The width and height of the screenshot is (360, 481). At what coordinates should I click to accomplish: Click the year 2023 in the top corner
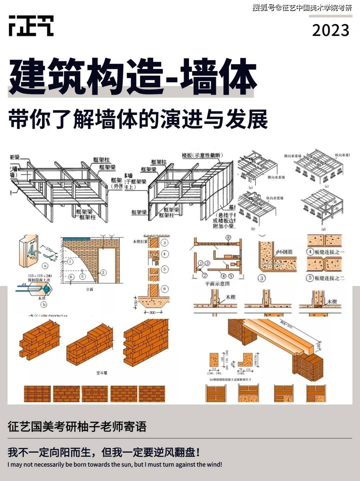pos(330,30)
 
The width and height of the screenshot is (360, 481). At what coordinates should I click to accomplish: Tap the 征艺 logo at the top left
pos(31,26)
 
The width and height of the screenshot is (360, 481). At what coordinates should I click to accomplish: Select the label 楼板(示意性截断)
pos(202,155)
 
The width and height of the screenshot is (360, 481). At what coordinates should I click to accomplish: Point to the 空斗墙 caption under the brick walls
pos(102,373)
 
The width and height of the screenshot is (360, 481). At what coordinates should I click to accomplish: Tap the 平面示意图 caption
pos(217,284)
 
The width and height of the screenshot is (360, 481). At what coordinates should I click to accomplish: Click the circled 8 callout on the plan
pos(228,238)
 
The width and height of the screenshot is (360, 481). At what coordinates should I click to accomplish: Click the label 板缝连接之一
pos(329,252)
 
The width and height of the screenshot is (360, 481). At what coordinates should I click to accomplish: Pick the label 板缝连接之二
pos(329,278)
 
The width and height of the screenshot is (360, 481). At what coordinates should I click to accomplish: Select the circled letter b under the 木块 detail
pos(44,304)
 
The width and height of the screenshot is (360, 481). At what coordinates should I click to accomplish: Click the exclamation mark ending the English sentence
pos(221,464)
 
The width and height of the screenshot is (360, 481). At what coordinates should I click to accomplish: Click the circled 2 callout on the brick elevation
pos(103,273)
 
